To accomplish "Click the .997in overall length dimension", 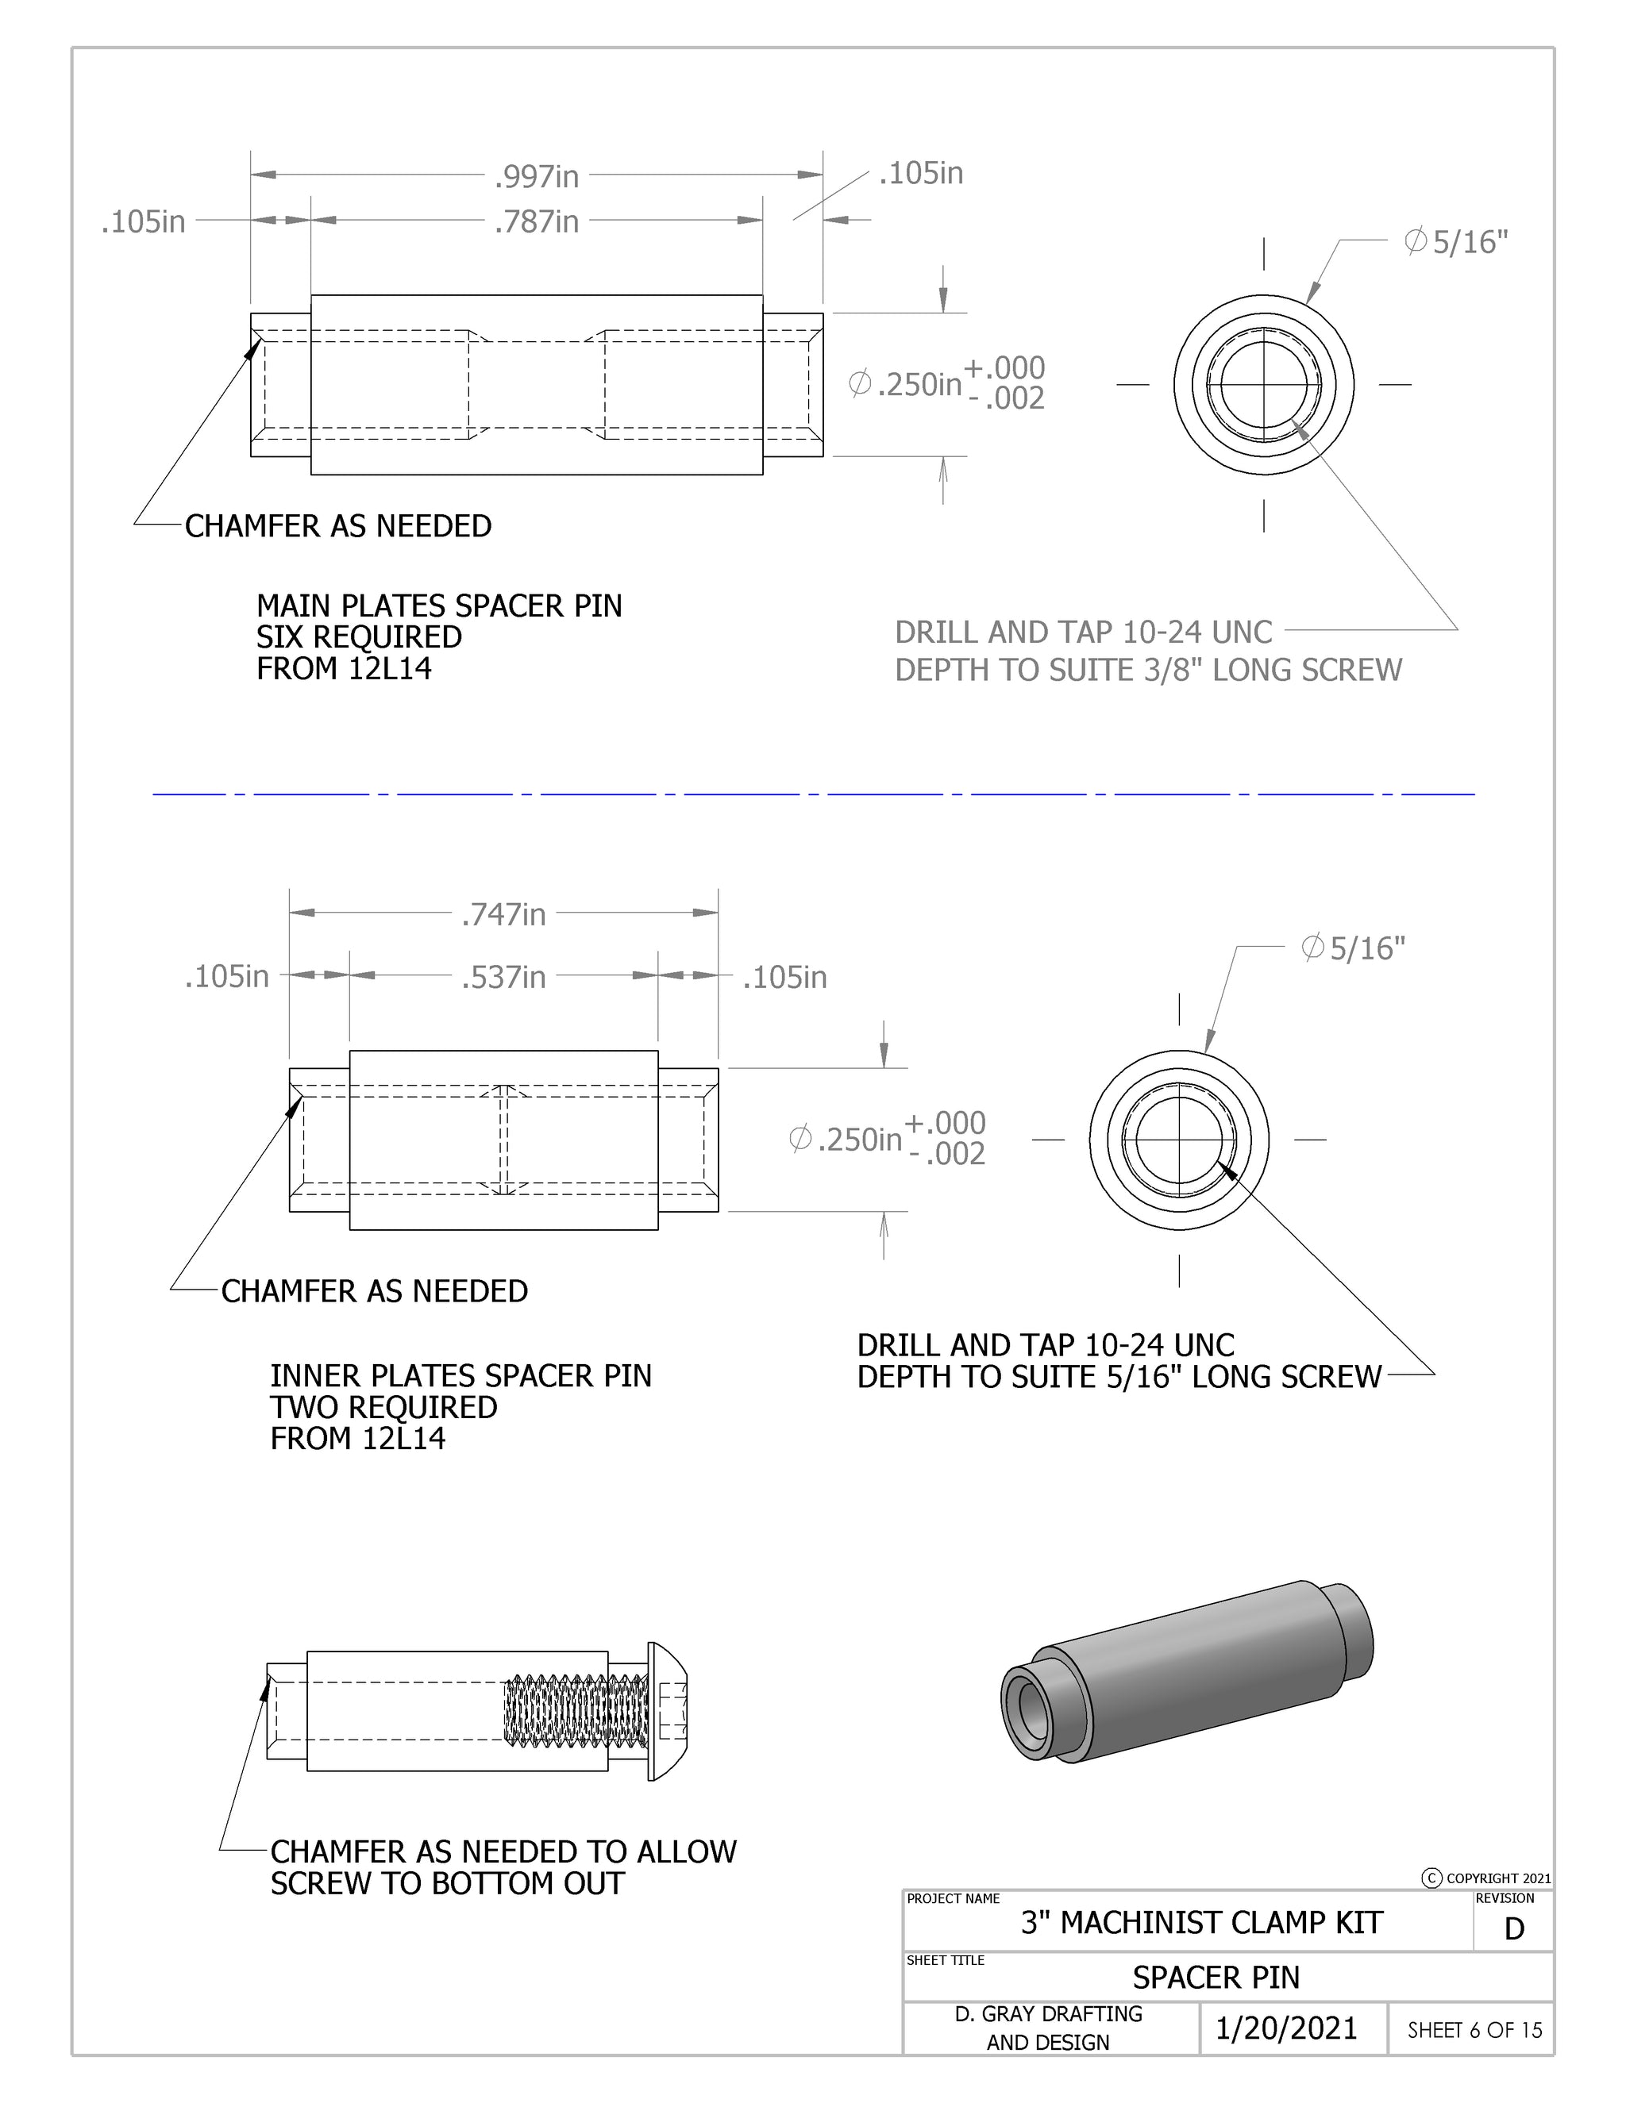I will click(x=536, y=176).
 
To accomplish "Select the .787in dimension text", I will click(x=536, y=221).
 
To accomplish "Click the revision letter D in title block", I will click(x=1513, y=1928).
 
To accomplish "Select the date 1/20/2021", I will click(x=1286, y=2029).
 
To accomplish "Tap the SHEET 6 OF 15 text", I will click(x=1474, y=2030).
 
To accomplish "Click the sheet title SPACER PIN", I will click(x=1216, y=1978).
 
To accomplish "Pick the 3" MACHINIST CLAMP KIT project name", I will click(x=1201, y=1923).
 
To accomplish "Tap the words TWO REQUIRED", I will click(x=383, y=1407).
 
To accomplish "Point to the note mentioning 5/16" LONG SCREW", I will click(x=1119, y=1376).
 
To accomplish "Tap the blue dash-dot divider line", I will click(x=813, y=794).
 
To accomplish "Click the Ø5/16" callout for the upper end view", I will click(x=1455, y=242).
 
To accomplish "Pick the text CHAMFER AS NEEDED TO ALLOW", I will click(x=503, y=1851).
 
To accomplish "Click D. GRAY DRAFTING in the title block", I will click(x=1048, y=2013).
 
